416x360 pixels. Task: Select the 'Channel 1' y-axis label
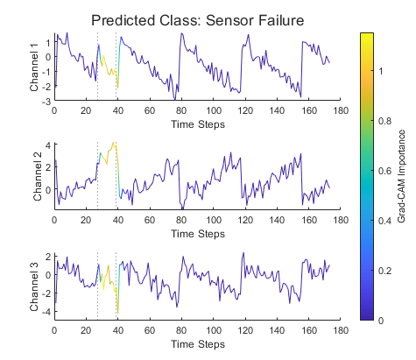35,67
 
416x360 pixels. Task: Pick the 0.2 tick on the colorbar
391,272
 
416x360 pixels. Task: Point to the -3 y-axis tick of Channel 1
46,102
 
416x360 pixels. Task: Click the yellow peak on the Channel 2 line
113,143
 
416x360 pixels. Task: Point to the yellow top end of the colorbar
368,35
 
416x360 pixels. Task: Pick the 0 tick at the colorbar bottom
387,321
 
